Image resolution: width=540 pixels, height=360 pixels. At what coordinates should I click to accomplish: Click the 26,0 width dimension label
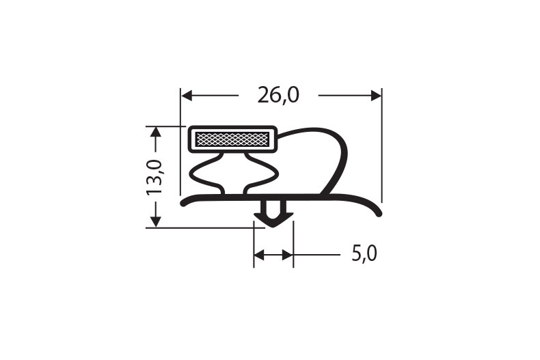(x=278, y=96)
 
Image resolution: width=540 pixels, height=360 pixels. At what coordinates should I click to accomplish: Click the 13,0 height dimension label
(x=154, y=177)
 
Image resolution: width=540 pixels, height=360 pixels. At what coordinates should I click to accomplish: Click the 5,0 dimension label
(x=364, y=254)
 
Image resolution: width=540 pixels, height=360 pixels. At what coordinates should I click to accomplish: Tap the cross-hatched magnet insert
(x=232, y=139)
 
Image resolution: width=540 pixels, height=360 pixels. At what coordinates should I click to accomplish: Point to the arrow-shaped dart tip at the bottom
(x=273, y=219)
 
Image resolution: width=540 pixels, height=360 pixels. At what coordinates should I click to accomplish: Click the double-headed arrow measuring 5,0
(x=273, y=255)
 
